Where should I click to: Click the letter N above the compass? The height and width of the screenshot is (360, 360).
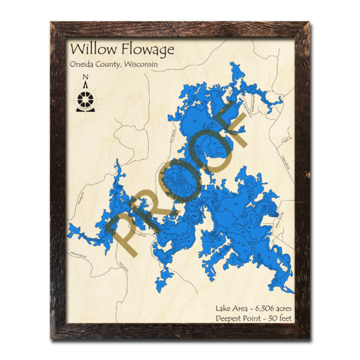point(86,77)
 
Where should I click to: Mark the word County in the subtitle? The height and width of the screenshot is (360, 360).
point(114,66)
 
